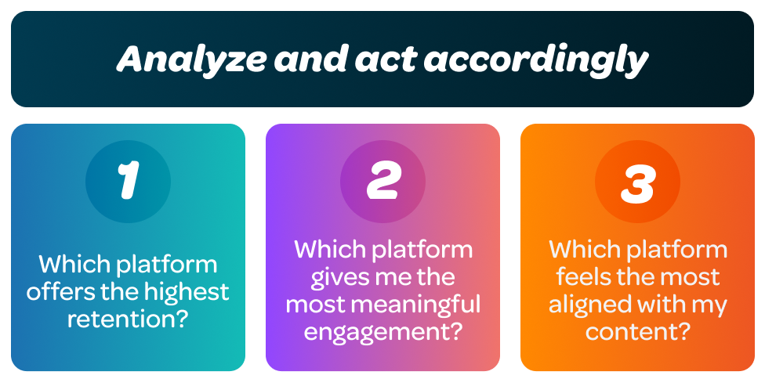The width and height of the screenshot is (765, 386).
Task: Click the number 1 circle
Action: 128,182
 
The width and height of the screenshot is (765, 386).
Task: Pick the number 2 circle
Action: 382,182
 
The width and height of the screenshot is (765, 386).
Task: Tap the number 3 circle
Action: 637,182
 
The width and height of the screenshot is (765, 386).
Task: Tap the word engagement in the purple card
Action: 373,331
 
